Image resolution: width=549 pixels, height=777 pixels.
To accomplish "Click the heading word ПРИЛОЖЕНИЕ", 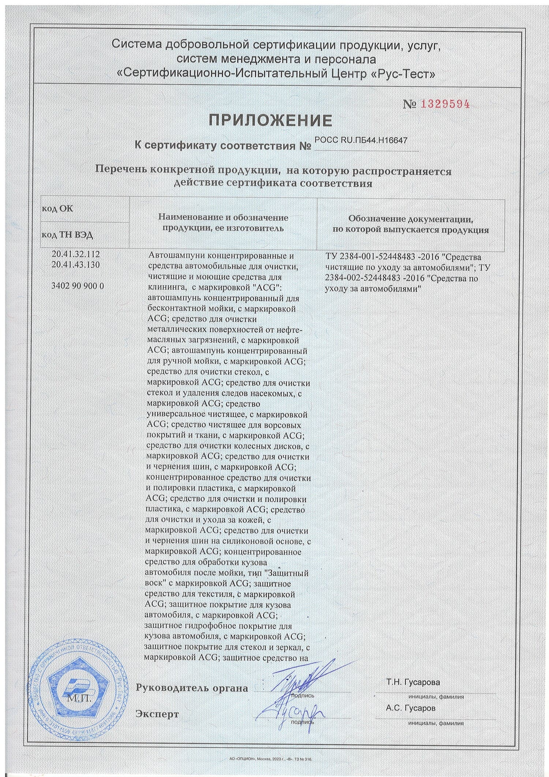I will [x=271, y=120].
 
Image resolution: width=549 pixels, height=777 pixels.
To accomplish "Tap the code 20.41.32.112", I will [x=76, y=254].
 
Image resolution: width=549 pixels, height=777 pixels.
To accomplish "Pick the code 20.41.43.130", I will [x=76, y=264].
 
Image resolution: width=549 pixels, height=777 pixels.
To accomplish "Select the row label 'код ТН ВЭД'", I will [x=67, y=235].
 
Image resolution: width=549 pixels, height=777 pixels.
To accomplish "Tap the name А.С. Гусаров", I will [x=411, y=708].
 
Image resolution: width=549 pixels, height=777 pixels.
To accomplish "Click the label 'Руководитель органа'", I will [x=192, y=688].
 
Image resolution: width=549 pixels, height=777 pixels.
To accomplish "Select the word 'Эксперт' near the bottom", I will [x=157, y=714].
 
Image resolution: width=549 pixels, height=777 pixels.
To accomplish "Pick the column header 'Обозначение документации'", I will [x=411, y=219].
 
